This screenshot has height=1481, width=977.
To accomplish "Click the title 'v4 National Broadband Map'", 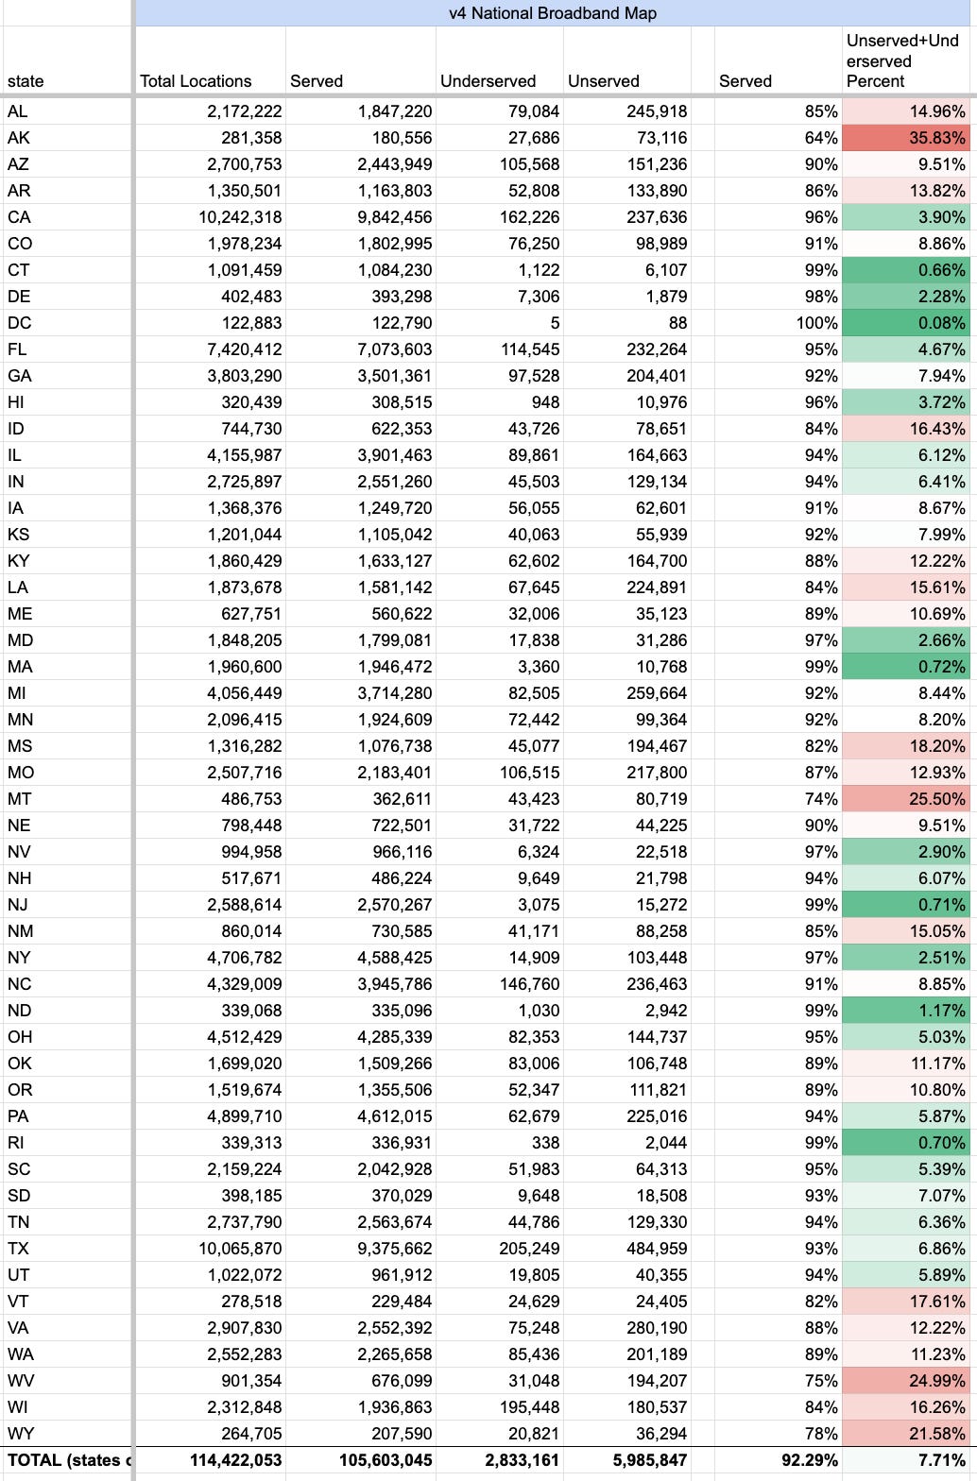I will point(553,13).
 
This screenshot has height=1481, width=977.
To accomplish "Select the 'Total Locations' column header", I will point(196,81).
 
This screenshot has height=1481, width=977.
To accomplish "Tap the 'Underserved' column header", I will point(488,81).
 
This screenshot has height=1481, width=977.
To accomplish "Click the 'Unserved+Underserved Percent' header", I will point(903,61).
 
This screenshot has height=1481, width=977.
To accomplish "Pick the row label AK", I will point(18,138).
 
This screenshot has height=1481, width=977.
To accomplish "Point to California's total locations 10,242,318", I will point(244,217).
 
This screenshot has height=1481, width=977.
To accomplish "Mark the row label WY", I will point(20,1434).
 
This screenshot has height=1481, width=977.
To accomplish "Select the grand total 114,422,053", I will point(235,1460).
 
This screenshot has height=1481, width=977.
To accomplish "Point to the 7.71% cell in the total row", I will point(941,1460).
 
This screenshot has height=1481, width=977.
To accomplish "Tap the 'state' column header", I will point(26,81).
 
